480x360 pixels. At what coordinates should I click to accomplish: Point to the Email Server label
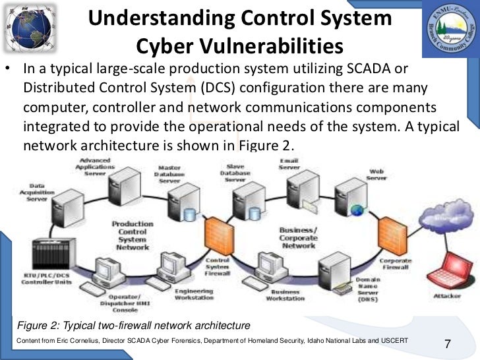[x=289, y=164]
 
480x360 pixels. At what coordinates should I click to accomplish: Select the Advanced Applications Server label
[x=95, y=165]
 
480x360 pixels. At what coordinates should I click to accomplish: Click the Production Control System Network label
[x=132, y=235]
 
